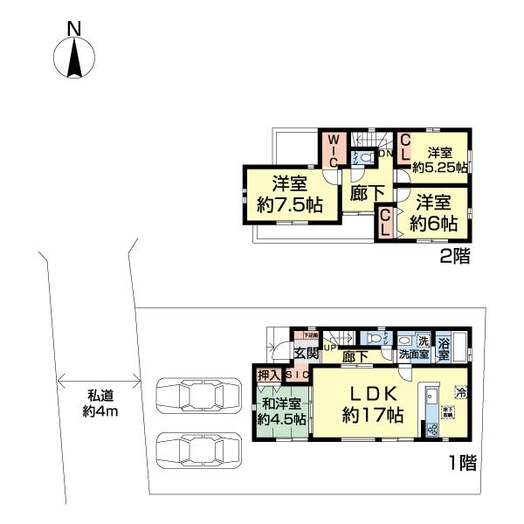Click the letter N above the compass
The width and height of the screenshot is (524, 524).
pyautogui.click(x=74, y=29)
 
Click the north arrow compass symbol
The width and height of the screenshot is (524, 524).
pyautogui.click(x=74, y=59)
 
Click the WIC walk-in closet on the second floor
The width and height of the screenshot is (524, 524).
pyautogui.click(x=334, y=151)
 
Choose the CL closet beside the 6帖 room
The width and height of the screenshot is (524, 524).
pyautogui.click(x=386, y=222)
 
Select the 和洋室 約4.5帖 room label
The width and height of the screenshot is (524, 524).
pyautogui.click(x=281, y=411)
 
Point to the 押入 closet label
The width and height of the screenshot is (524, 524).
pyautogui.click(x=267, y=376)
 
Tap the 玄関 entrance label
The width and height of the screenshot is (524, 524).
pyautogui.click(x=304, y=354)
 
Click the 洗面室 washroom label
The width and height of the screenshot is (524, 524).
pyautogui.click(x=413, y=356)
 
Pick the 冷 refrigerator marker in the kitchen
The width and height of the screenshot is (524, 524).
pyautogui.click(x=460, y=392)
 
